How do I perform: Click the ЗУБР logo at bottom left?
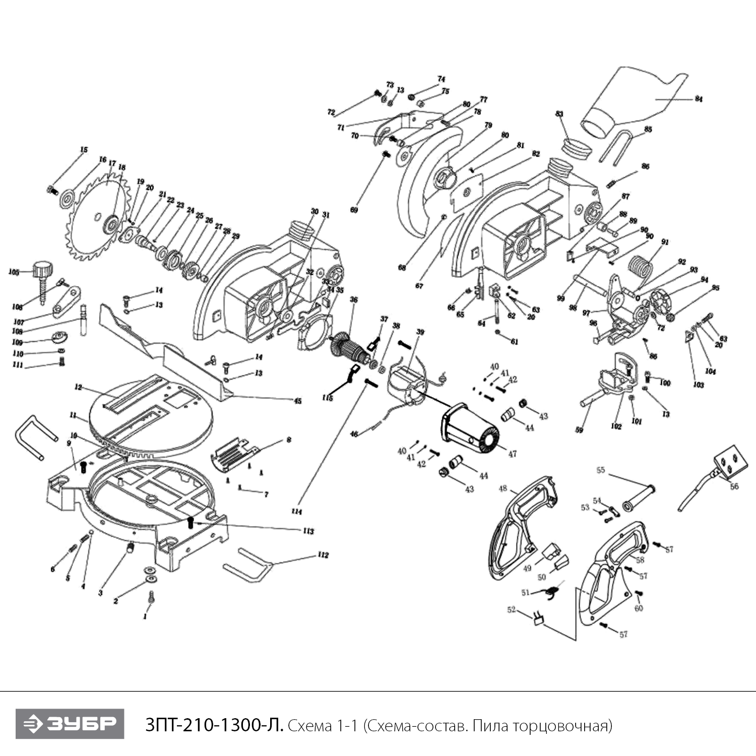pos(70,724)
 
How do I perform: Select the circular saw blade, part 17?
pos(96,217)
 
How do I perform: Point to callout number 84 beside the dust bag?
pos(699,99)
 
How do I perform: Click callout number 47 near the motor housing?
pos(513,454)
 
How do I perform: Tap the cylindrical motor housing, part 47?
pos(469,428)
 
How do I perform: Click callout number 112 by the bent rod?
pos(323,555)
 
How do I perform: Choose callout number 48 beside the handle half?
pos(502,488)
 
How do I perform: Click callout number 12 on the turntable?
pos(78,388)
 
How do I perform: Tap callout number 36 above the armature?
pos(354,300)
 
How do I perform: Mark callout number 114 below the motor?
pos(296,512)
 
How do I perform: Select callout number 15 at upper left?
pos(84,150)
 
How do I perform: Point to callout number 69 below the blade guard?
pos(354,210)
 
